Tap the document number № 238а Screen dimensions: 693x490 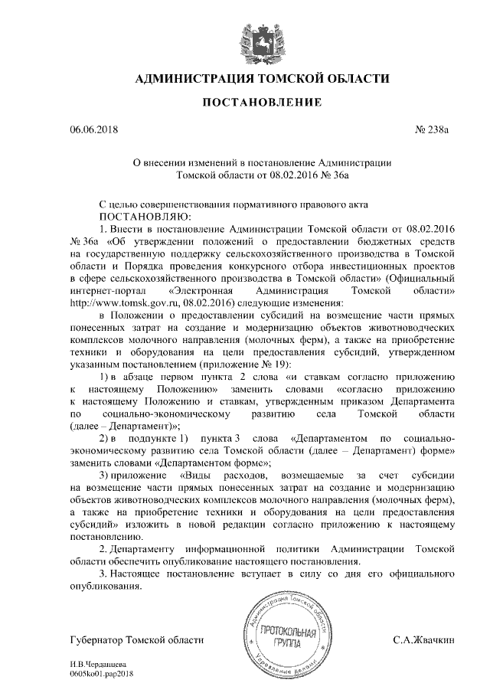pyautogui.click(x=432, y=131)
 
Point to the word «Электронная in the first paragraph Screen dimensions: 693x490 pyautogui.click(x=201, y=292)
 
